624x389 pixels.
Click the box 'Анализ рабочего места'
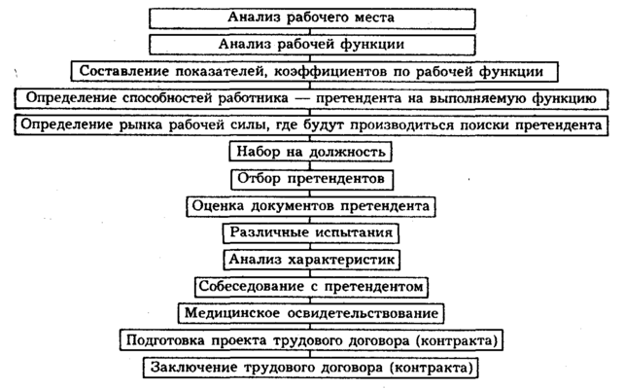point(311,18)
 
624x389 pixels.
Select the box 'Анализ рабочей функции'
point(311,45)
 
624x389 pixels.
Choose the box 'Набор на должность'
point(311,153)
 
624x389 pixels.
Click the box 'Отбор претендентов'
point(311,180)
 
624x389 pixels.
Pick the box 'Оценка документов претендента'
point(311,207)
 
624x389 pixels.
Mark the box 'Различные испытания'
point(311,233)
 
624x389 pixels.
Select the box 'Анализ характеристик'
point(311,261)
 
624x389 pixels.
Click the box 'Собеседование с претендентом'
point(311,288)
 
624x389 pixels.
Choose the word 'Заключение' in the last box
point(192,369)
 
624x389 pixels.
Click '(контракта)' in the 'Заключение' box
point(433,369)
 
